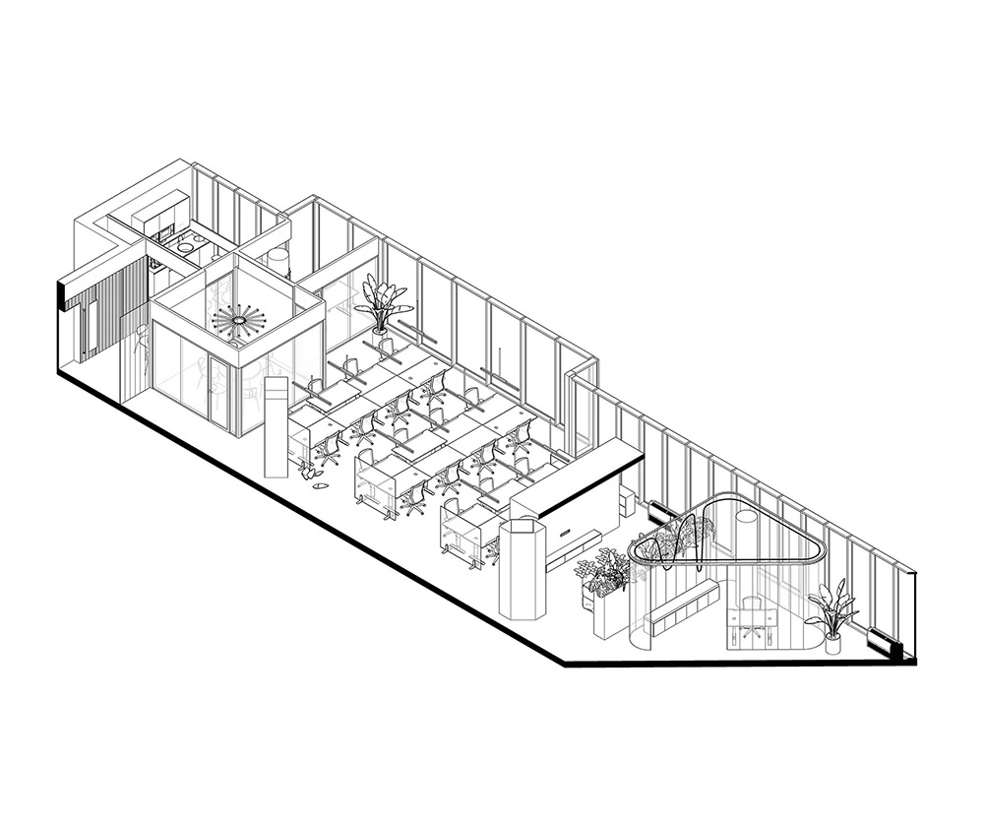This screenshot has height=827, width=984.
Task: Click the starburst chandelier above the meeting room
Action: [x=237, y=321]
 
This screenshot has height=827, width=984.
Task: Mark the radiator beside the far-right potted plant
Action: [x=885, y=645]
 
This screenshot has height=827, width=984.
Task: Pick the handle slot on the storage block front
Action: [x=568, y=533]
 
